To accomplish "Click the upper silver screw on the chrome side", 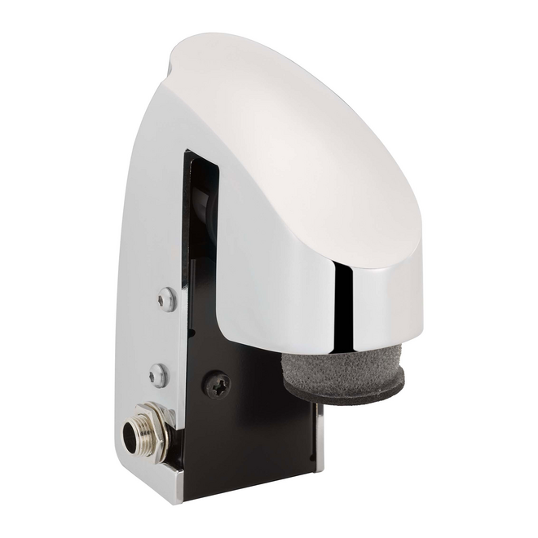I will pos(168,299).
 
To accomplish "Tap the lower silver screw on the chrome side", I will pos(158,375).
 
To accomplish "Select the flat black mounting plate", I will pos(245,432).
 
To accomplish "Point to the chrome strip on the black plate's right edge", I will pos(320,440).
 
